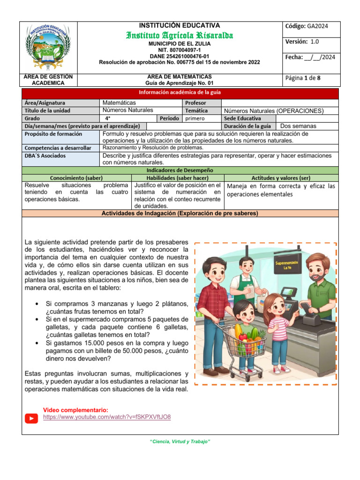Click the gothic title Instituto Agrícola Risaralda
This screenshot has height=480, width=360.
coord(180,35)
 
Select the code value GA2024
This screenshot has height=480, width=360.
coord(318,26)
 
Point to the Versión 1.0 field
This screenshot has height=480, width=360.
coord(302,42)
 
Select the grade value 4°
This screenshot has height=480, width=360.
coord(108,118)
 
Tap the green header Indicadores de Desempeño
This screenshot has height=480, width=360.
coord(180,170)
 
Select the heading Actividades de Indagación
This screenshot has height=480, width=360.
coord(180,213)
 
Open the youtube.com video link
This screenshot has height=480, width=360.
coord(107,417)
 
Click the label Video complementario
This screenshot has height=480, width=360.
coord(75,410)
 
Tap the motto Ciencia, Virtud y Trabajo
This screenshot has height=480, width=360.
coord(180,442)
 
